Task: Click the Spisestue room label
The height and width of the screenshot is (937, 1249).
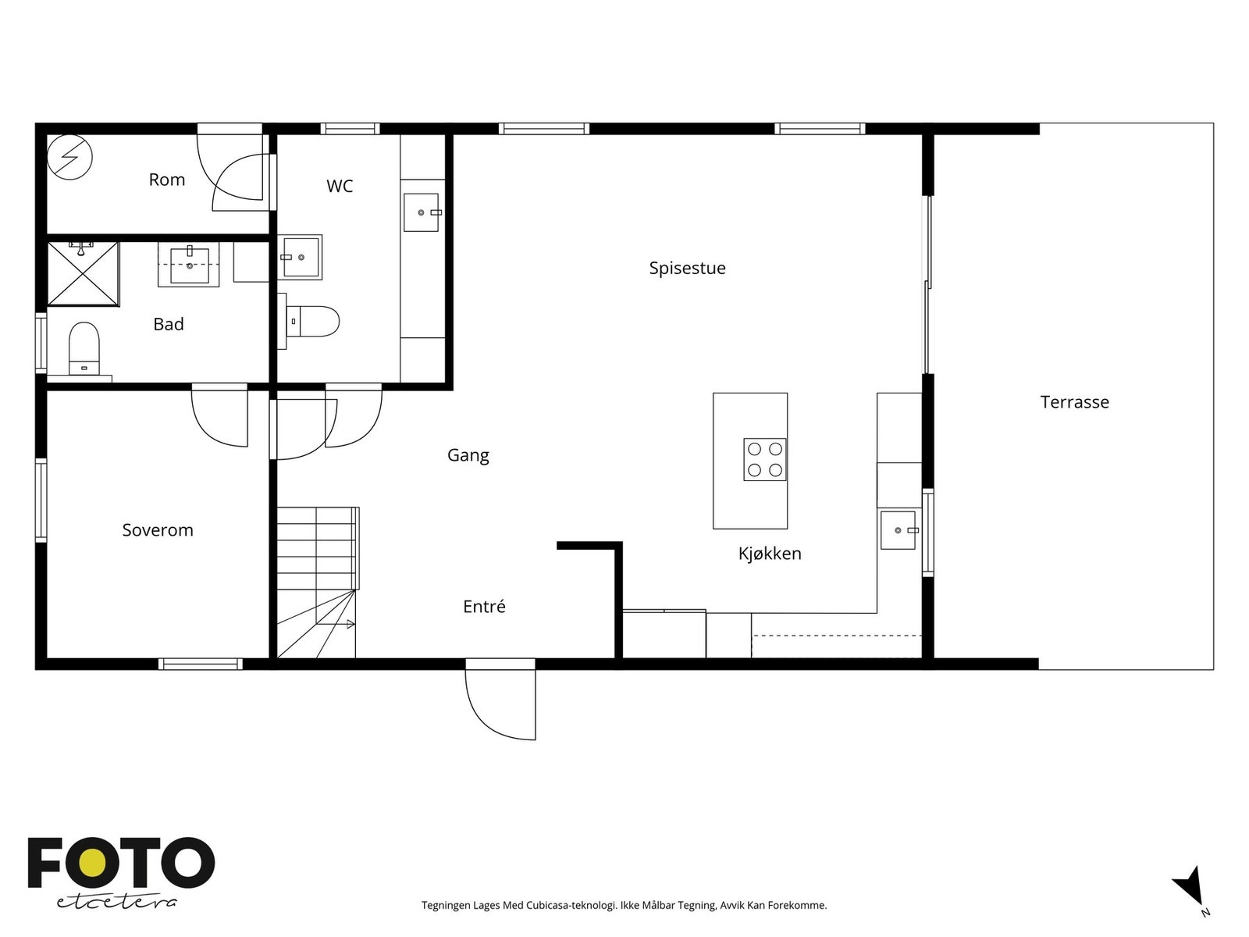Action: click(x=687, y=268)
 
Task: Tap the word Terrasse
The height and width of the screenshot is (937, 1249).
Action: click(x=1074, y=402)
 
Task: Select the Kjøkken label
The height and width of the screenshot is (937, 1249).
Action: click(x=770, y=553)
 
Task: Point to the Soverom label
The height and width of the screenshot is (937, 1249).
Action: click(x=158, y=530)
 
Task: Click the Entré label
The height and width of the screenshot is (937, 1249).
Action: click(x=484, y=606)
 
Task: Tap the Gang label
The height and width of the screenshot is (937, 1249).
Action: click(x=468, y=455)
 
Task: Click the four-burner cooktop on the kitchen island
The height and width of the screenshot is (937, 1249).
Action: click(x=765, y=459)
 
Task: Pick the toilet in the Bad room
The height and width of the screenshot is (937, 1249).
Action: click(x=84, y=348)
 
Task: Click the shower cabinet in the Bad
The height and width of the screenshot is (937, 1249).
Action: click(x=83, y=273)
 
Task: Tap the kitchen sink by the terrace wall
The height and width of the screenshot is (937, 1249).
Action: click(x=898, y=530)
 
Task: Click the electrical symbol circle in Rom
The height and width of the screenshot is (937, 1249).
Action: click(x=69, y=156)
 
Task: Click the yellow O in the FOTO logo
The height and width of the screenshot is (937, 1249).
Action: click(x=91, y=864)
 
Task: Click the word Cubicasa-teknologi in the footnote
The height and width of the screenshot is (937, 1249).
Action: click(x=571, y=905)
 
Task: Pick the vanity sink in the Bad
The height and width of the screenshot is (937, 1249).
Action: click(x=189, y=265)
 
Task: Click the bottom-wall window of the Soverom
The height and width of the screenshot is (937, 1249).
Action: click(x=201, y=664)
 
